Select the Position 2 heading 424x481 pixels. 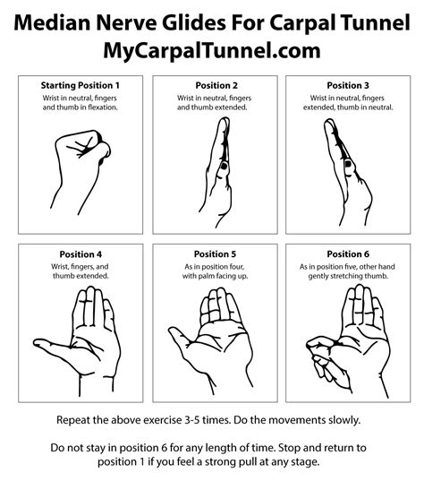212,85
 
